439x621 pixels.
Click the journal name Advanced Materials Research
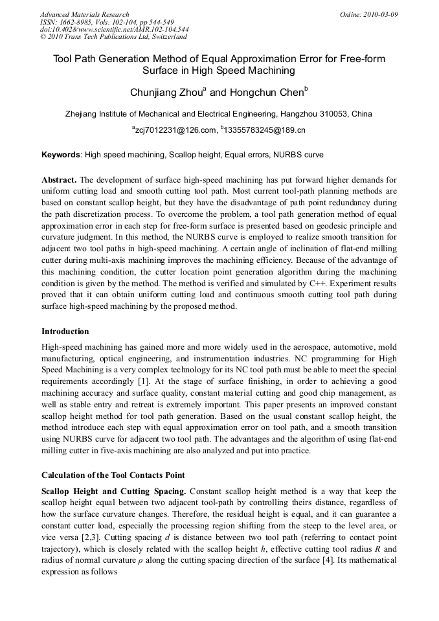pyautogui.click(x=84, y=14)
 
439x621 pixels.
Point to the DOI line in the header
pyautogui.click(x=115, y=30)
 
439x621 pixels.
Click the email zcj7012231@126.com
pyautogui.click(x=175, y=130)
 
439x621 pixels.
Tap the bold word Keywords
pyautogui.click(x=61, y=155)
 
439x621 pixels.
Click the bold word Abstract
pyautogui.click(x=59, y=179)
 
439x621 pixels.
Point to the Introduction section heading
pyautogui.click(x=65, y=332)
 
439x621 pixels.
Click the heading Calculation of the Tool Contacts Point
pyautogui.click(x=113, y=475)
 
